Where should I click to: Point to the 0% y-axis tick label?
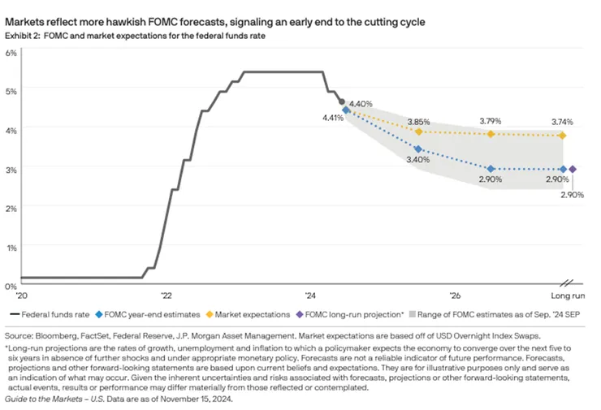11,286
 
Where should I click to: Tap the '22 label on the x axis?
166,296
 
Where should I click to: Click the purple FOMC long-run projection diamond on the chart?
573,169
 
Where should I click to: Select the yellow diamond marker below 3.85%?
418,132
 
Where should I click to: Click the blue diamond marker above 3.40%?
418,149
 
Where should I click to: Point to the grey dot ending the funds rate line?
341,102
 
